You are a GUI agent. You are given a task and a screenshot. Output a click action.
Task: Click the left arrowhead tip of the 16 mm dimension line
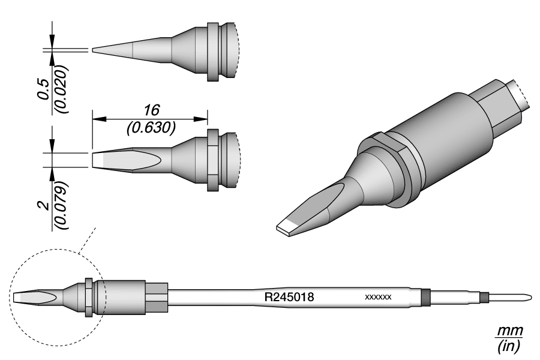click(92, 119)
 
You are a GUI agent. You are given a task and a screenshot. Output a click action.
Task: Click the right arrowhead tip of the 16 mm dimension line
click(208, 119)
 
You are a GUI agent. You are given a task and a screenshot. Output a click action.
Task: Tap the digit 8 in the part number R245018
click(310, 297)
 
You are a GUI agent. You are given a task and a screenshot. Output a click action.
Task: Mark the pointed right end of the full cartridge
click(530, 296)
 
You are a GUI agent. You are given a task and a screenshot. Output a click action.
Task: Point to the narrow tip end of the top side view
click(92, 50)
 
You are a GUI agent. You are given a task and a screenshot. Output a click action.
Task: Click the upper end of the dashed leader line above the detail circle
click(95, 228)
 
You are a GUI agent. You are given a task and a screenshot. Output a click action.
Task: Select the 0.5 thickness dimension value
click(44, 90)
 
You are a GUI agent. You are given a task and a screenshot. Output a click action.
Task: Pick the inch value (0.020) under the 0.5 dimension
click(62, 89)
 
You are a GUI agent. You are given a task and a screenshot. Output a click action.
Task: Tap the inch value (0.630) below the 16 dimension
click(151, 128)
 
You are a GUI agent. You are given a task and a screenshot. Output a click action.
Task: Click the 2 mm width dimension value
click(44, 206)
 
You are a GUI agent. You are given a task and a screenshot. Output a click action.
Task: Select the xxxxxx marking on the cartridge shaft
click(378, 297)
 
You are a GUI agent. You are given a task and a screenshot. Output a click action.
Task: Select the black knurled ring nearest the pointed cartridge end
click(485, 296)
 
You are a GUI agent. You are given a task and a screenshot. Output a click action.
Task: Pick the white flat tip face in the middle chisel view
click(97, 160)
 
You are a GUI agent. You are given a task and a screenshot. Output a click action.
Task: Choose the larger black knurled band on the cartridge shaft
click(426, 296)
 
